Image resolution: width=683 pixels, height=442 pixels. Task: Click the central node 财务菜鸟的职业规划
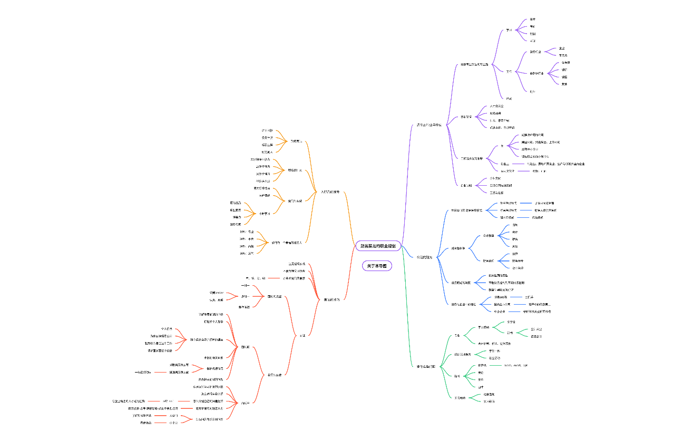coord(378,246)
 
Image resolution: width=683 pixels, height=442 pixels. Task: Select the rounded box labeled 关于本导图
coord(377,266)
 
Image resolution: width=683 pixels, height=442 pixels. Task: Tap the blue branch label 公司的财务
coord(424,257)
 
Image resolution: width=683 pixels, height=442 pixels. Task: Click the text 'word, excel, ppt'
coord(516,365)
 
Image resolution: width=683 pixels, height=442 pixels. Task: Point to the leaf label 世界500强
coord(501,297)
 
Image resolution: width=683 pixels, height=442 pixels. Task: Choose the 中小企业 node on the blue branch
coord(500,311)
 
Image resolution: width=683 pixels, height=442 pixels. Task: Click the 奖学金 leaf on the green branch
coord(511,322)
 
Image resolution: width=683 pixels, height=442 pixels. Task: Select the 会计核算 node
coord(489,235)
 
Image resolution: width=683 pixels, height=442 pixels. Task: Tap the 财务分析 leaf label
coord(518,260)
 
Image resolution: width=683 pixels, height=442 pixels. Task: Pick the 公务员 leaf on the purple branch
coord(566,62)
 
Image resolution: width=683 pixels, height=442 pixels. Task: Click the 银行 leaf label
coord(564,69)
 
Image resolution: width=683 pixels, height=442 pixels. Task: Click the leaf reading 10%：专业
coord(247,232)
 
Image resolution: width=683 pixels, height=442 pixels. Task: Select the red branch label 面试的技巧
coord(331,299)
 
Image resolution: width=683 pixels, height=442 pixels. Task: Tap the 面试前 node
coord(245,347)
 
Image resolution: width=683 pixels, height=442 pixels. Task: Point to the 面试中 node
coord(245,403)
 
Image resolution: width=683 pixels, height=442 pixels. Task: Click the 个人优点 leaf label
coord(167,328)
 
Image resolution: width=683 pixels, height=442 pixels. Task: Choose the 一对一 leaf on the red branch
coord(245,285)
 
